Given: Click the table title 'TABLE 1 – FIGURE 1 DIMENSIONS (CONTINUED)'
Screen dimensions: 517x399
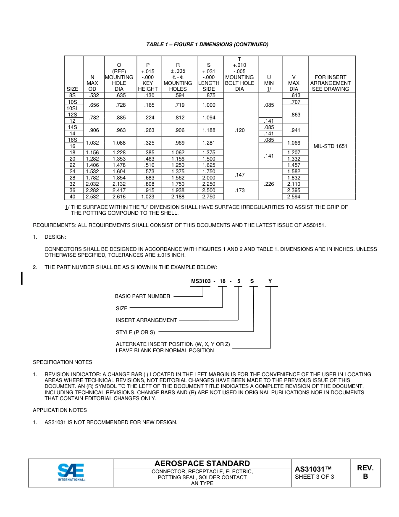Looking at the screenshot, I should pyautogui.click(x=207, y=45).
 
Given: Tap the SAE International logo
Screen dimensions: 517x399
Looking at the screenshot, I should pyautogui.click(x=71, y=472).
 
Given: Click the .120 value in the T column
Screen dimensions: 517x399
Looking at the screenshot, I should pyautogui.click(x=239, y=130).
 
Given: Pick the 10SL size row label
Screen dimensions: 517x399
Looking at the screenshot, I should pyautogui.click(x=73, y=108).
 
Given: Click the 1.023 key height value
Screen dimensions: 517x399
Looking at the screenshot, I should pyautogui.click(x=148, y=196).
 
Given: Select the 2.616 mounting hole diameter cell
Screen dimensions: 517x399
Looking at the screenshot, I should pyautogui.click(x=119, y=196).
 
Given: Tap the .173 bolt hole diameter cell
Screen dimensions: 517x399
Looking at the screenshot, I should pyautogui.click(x=239, y=190).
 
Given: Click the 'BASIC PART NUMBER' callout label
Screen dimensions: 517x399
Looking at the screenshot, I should pyautogui.click(x=142, y=296).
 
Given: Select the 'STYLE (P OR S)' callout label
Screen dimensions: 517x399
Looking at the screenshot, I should pyautogui.click(x=135, y=332).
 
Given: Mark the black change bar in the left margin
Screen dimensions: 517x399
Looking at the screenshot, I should pyautogui.click(x=22, y=278).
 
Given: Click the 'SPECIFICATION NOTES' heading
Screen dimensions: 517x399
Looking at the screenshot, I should pyautogui.click(x=63, y=362).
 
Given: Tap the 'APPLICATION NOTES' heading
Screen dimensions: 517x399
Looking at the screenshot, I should pyautogui.click(x=60, y=410).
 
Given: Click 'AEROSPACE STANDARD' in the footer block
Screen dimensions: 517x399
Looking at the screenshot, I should pyautogui.click(x=202, y=464).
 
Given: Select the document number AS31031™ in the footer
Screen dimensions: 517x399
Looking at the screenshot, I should pyautogui.click(x=313, y=469).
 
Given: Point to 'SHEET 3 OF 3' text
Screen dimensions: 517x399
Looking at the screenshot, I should pyautogui.click(x=315, y=477).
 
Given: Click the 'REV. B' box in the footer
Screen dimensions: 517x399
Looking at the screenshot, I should pyautogui.click(x=365, y=472).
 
